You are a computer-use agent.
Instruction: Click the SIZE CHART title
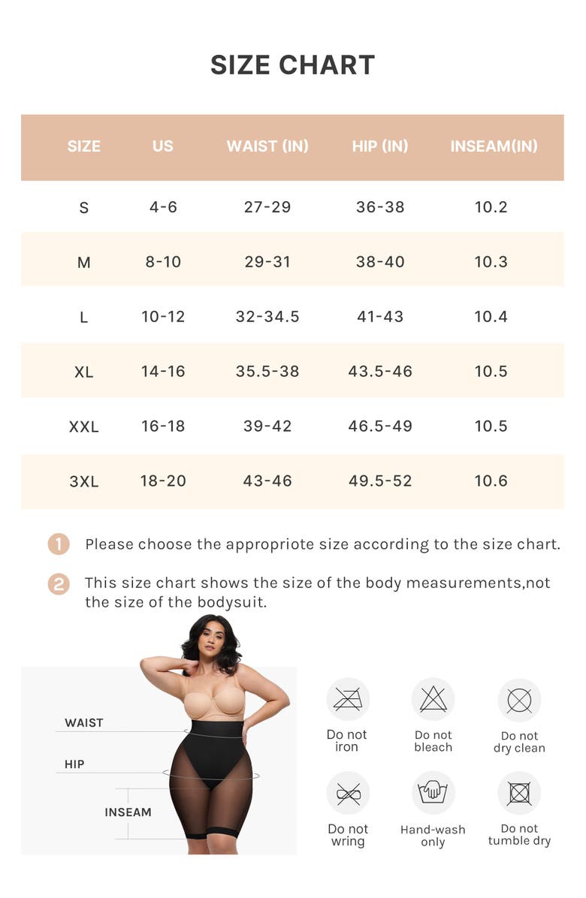coord(292,65)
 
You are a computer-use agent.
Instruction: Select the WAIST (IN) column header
coord(267,146)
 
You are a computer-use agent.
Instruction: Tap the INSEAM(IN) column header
coord(494,146)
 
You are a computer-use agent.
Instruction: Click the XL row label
coord(83,372)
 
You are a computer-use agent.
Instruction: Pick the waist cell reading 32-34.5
coord(267,316)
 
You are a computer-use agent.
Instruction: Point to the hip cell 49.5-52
coord(380,481)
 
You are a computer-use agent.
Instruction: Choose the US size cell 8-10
coord(163,262)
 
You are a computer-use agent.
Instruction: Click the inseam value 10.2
coord(491,206)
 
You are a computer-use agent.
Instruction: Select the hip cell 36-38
coord(380,206)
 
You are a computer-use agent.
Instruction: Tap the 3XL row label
coord(83,481)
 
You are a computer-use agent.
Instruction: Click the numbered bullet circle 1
coord(59,544)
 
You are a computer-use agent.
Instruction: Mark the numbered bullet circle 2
coord(59,584)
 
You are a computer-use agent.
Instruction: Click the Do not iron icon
coord(348,699)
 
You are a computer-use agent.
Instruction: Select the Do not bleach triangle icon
coord(433,699)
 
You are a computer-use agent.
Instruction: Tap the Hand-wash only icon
coord(433,793)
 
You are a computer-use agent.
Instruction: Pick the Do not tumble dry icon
coord(520,793)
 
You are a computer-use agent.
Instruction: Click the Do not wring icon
coord(348,793)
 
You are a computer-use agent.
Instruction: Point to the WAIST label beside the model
coord(83,723)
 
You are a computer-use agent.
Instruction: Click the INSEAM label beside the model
coord(128,812)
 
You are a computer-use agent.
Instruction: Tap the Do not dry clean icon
coord(520,700)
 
